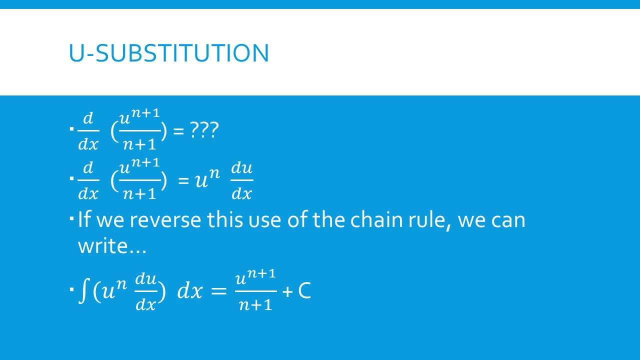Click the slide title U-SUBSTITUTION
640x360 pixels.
[168, 53]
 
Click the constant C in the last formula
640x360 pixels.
[304, 291]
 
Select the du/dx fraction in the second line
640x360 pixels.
[242, 180]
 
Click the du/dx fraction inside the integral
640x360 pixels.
[145, 291]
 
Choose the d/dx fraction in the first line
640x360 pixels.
[88, 131]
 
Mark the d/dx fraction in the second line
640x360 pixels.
[88, 180]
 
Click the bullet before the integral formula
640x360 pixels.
[72, 289]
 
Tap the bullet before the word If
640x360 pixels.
[72, 218]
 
